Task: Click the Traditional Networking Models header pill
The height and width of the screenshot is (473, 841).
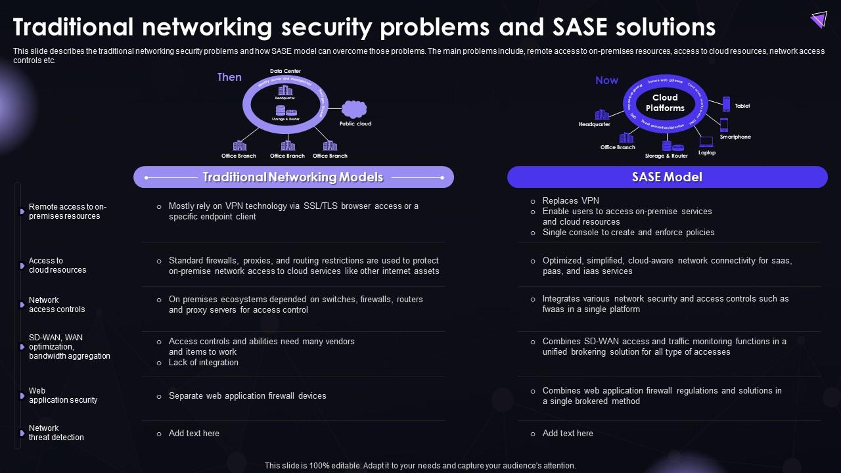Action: [x=293, y=177]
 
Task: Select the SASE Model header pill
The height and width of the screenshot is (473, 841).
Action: [x=667, y=177]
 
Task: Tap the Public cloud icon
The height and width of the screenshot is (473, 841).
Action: [x=354, y=109]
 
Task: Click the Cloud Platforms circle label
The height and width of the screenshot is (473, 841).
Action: [x=665, y=103]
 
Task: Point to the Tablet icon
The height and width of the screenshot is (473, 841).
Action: [x=726, y=104]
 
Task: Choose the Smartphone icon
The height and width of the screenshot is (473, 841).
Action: [x=724, y=125]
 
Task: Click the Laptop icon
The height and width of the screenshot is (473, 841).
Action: [x=706, y=141]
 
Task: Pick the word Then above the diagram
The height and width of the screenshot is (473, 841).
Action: [x=229, y=78]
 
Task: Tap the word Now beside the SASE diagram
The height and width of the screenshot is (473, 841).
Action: [x=606, y=80]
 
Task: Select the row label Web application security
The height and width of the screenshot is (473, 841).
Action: [x=62, y=395]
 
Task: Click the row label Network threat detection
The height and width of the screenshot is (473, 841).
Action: [x=57, y=433]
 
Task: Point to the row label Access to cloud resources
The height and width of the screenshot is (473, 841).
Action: [x=57, y=265]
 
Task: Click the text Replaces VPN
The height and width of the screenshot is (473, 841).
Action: [x=570, y=201]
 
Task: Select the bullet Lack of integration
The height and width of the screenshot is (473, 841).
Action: [x=203, y=363]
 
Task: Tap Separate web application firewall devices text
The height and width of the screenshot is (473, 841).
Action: [x=247, y=396]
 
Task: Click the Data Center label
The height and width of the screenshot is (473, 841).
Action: [x=285, y=71]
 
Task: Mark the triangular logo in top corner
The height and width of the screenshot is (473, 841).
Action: [x=819, y=20]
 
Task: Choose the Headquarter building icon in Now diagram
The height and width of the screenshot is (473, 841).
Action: [x=601, y=114]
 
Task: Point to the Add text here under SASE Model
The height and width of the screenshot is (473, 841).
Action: [x=568, y=434]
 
